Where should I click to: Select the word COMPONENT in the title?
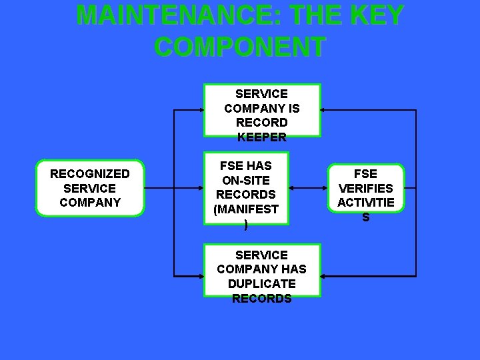pos(240,47)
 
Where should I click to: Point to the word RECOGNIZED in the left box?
pos(90,174)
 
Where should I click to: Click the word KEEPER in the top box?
pos(261,137)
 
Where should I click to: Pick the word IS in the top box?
pos(293,108)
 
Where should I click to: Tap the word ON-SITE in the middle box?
pos(246,180)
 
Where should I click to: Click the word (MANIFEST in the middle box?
pos(246,209)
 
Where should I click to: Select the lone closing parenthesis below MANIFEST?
pos(246,224)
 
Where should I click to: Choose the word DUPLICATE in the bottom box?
pos(261,284)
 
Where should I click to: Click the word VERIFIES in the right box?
pos(366,188)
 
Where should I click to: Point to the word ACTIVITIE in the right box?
pos(366,202)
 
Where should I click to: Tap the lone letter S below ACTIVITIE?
pos(366,217)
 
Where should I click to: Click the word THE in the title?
pos(313,15)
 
